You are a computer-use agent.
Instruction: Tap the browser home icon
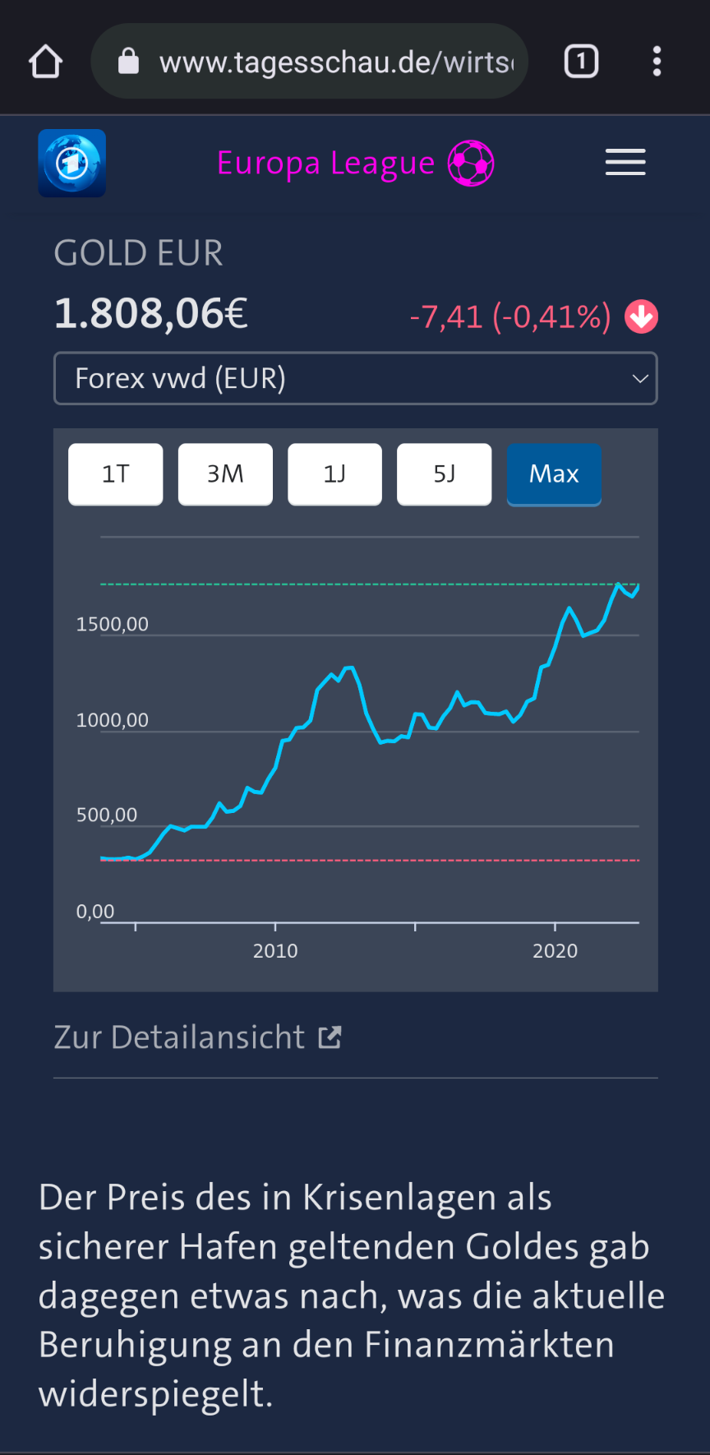pyautogui.click(x=46, y=62)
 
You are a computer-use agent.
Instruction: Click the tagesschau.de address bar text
pyautogui.click(x=336, y=62)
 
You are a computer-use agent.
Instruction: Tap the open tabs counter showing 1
pyautogui.click(x=581, y=62)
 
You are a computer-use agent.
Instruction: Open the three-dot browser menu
pyautogui.click(x=657, y=62)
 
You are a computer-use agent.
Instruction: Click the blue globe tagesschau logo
pyautogui.click(x=72, y=163)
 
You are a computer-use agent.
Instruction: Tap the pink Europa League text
pyautogui.click(x=325, y=163)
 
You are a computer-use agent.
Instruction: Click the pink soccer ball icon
pyautogui.click(x=471, y=163)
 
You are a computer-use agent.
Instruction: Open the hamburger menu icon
pyautogui.click(x=625, y=162)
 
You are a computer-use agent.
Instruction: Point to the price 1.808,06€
pyautogui.click(x=151, y=313)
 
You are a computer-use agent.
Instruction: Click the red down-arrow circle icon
pyautogui.click(x=641, y=316)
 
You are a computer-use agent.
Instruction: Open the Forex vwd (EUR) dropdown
pyautogui.click(x=355, y=378)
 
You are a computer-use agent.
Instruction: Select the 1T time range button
pyautogui.click(x=116, y=474)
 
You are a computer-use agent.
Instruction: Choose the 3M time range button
pyautogui.click(x=225, y=474)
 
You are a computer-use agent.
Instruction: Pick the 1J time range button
pyautogui.click(x=334, y=474)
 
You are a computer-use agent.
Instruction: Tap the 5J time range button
pyautogui.click(x=444, y=474)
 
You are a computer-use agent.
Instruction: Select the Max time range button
pyautogui.click(x=554, y=474)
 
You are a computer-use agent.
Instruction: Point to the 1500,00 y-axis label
pyautogui.click(x=113, y=625)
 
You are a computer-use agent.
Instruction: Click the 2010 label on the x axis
pyautogui.click(x=275, y=951)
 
